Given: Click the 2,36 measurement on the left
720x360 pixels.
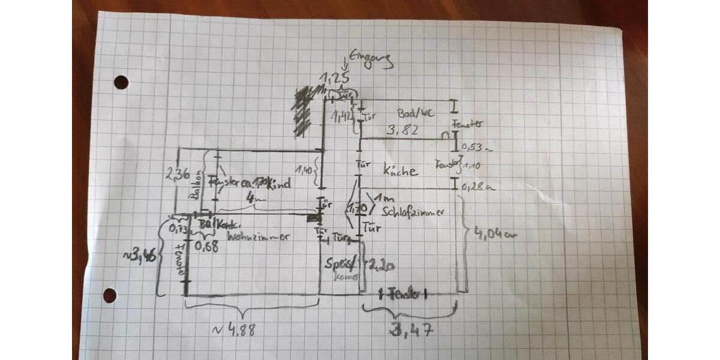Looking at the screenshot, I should coord(178,175).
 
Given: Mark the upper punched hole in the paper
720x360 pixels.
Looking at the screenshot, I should coord(121,82).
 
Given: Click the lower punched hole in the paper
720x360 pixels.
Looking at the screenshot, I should coord(109,295).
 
